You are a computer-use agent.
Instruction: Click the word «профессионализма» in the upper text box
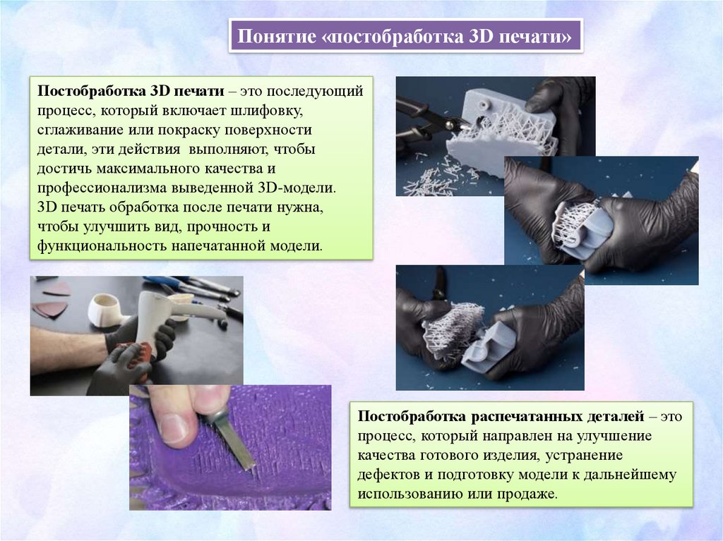click(102, 188)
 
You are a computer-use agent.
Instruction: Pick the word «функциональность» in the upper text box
click(102, 246)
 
